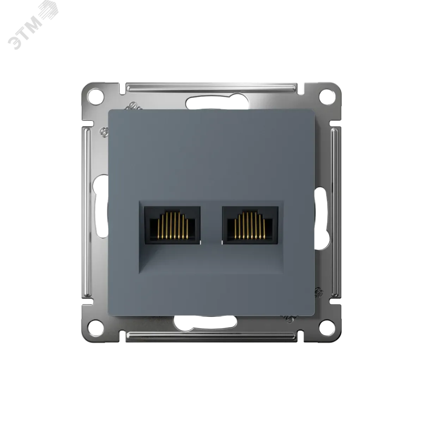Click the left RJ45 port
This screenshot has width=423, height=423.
pos(172,225)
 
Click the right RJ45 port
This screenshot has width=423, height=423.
pos(250,225)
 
